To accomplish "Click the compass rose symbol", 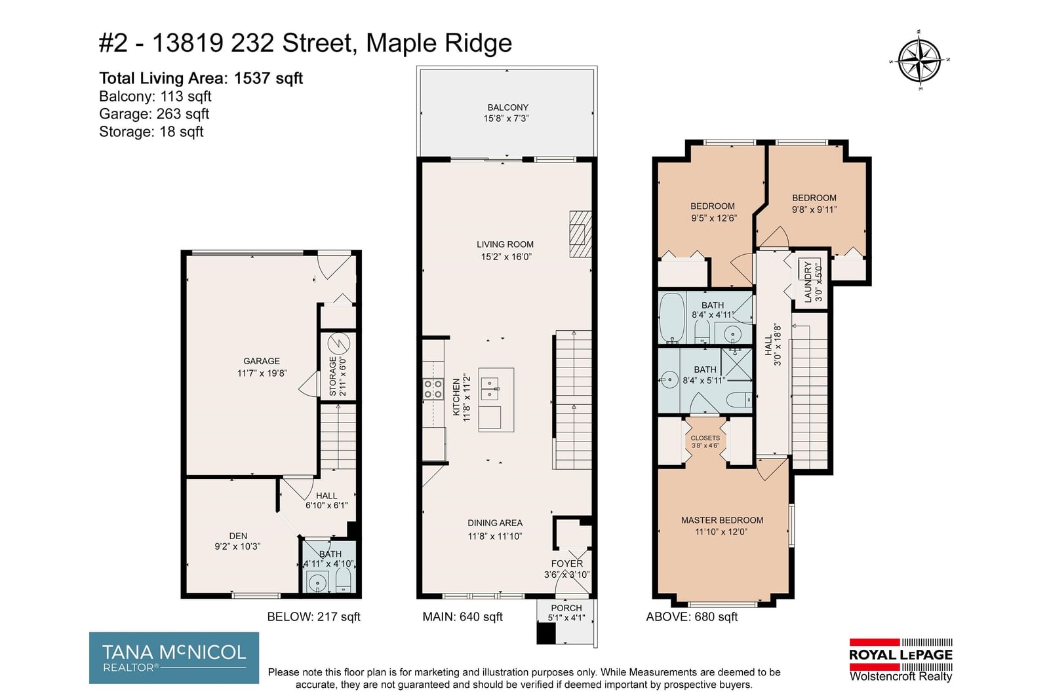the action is [919, 61].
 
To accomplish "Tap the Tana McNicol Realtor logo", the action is [174, 657].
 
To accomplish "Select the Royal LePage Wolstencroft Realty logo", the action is [901, 660].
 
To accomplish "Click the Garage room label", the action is [262, 361].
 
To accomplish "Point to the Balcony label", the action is [507, 107].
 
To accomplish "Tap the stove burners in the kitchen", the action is [433, 389].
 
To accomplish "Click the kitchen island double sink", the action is [489, 388].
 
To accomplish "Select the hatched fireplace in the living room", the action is [580, 234].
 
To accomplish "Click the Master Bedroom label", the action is [722, 520].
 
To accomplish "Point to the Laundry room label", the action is [807, 282].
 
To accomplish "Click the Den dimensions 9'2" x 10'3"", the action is [237, 546].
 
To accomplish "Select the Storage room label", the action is [332, 377].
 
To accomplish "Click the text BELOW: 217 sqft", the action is [313, 616].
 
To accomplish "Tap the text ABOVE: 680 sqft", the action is [692, 616].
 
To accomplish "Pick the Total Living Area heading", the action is [201, 78].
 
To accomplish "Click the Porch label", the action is [566, 608].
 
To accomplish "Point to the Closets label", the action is [705, 438].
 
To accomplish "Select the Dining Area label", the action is [495, 523].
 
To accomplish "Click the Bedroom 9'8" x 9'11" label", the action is [814, 204].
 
